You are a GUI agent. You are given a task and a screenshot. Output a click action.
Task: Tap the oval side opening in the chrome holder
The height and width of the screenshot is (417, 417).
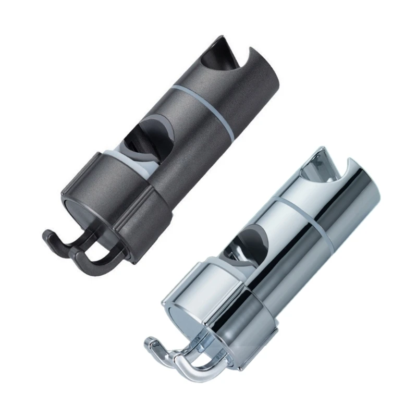coord(250,245)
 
